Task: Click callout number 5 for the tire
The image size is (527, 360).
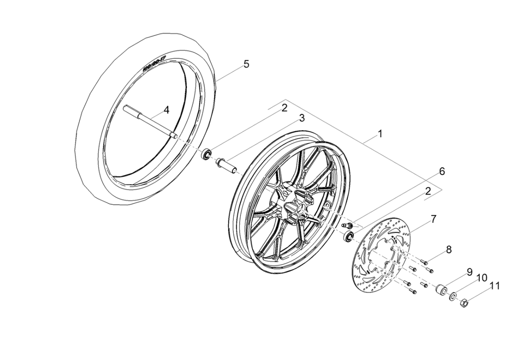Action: point(246,64)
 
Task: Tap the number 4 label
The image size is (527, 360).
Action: point(166,110)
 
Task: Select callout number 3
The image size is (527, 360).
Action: point(302,118)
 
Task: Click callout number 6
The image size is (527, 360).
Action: point(442,171)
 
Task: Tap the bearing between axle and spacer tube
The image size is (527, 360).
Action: point(207,154)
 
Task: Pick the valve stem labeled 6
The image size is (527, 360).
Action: point(347,225)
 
